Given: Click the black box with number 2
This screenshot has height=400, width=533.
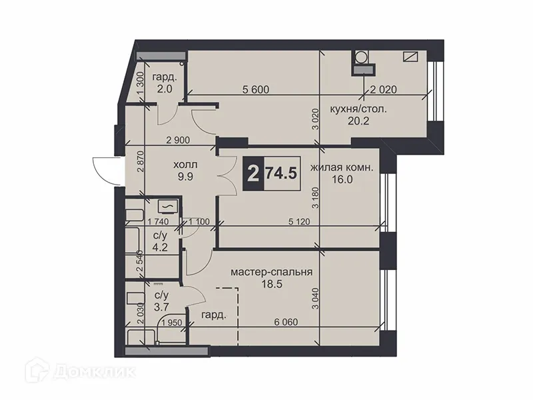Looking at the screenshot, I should [252, 175].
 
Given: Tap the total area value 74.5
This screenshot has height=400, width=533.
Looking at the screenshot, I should [280, 175].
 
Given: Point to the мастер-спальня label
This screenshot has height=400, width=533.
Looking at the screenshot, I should [272, 273].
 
